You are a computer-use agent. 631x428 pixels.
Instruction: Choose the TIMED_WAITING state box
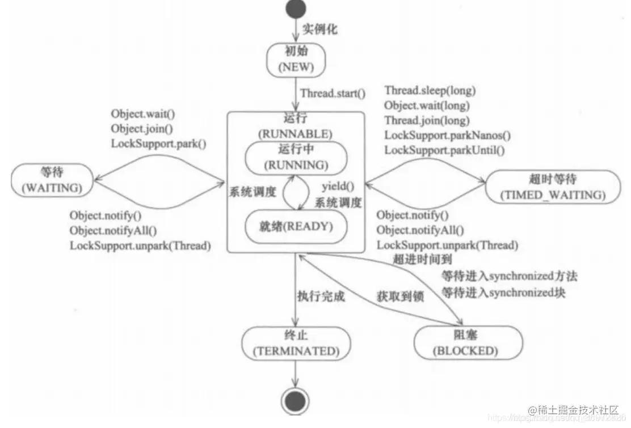tap(545, 188)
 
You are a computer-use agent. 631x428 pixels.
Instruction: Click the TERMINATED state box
tap(295, 344)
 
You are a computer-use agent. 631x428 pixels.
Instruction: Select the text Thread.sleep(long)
tap(430, 90)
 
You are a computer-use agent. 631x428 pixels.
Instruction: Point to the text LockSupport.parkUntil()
tap(444, 150)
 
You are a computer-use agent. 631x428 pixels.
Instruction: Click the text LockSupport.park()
tap(158, 143)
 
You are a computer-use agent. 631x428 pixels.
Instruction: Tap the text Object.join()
tap(142, 128)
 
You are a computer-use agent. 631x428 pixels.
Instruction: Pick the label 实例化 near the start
tap(319, 29)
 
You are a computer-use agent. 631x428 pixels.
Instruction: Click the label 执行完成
tap(321, 296)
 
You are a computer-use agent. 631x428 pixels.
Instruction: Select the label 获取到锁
tap(401, 295)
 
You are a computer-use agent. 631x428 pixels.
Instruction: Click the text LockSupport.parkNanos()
tap(447, 135)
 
